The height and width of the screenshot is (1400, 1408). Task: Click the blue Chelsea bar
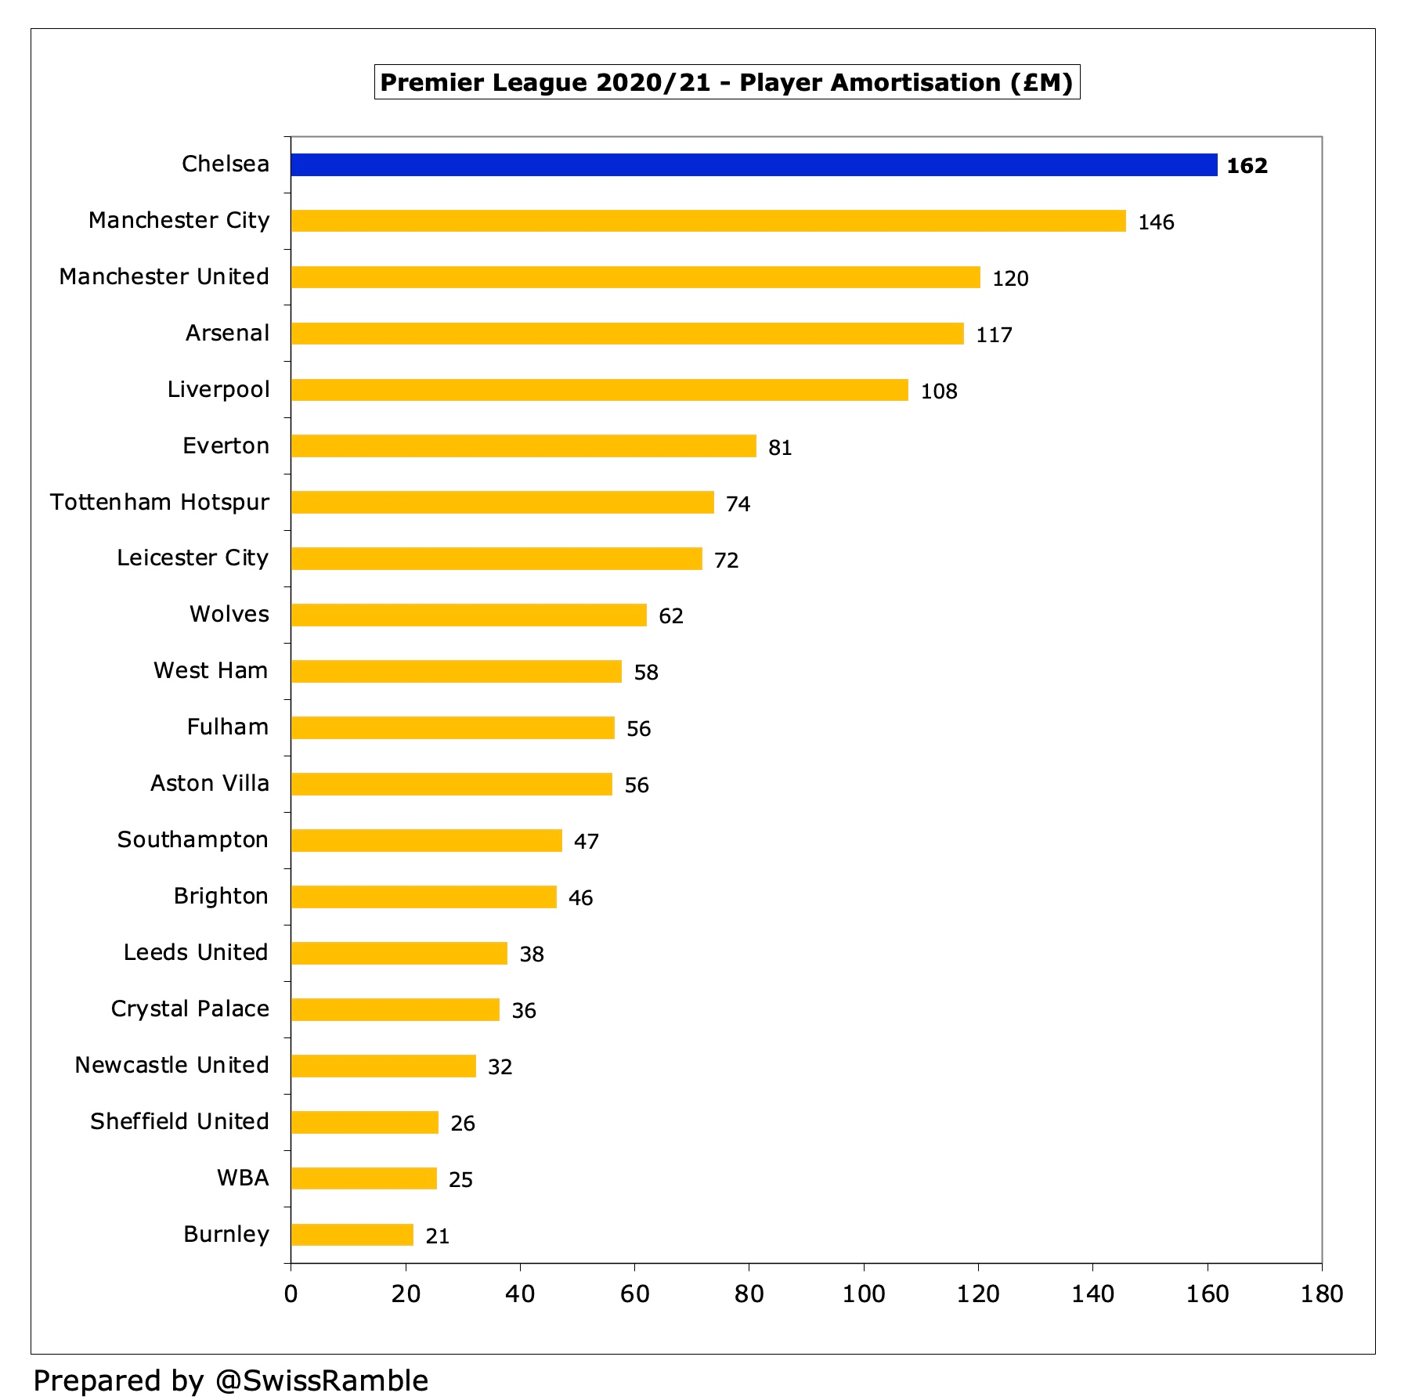coord(753,164)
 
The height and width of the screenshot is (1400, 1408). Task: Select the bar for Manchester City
coord(708,221)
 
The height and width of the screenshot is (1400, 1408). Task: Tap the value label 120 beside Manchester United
coord(1010,279)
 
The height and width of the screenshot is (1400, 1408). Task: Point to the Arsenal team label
coord(227,334)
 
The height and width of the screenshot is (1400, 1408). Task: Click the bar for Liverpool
coord(599,390)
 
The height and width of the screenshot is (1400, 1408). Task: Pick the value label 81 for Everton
coord(780,448)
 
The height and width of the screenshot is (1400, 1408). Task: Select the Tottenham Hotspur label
coord(160,502)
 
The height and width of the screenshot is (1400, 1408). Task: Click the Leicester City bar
coord(496,559)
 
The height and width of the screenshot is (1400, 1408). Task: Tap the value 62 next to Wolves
coord(671,616)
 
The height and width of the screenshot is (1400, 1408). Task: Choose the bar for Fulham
coord(453,728)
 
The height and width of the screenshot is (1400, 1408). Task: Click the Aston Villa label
coord(209,784)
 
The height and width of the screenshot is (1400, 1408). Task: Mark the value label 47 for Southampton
coord(587,842)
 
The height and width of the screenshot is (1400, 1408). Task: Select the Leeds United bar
coord(399,954)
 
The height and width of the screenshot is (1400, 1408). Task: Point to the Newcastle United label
coord(171,1066)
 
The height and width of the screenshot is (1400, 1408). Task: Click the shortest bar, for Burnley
coord(352,1235)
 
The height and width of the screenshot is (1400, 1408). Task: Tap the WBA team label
coord(243,1178)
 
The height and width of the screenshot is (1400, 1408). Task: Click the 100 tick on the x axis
coord(863,1294)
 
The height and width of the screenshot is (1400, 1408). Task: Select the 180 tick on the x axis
coord(1322,1294)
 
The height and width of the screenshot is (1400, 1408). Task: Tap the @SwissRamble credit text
coord(321,1380)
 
